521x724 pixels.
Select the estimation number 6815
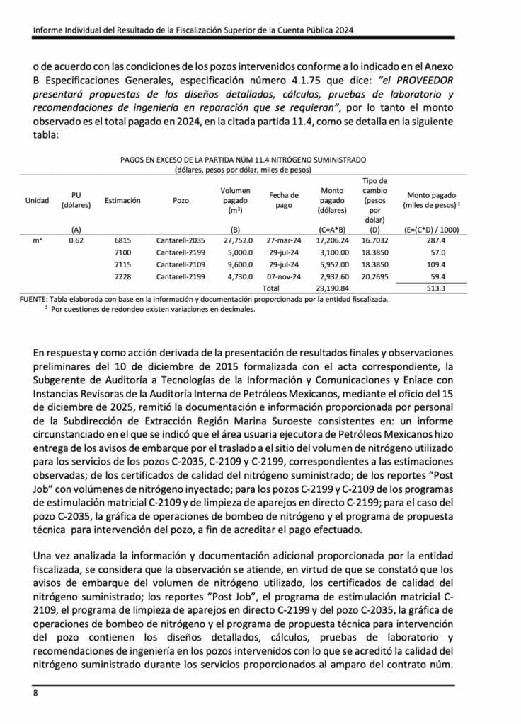(122, 240)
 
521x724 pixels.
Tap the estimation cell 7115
(122, 264)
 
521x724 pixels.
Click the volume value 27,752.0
(236, 240)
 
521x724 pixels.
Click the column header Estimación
(122, 201)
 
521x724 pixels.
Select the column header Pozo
(181, 201)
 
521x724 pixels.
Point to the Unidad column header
(36, 201)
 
